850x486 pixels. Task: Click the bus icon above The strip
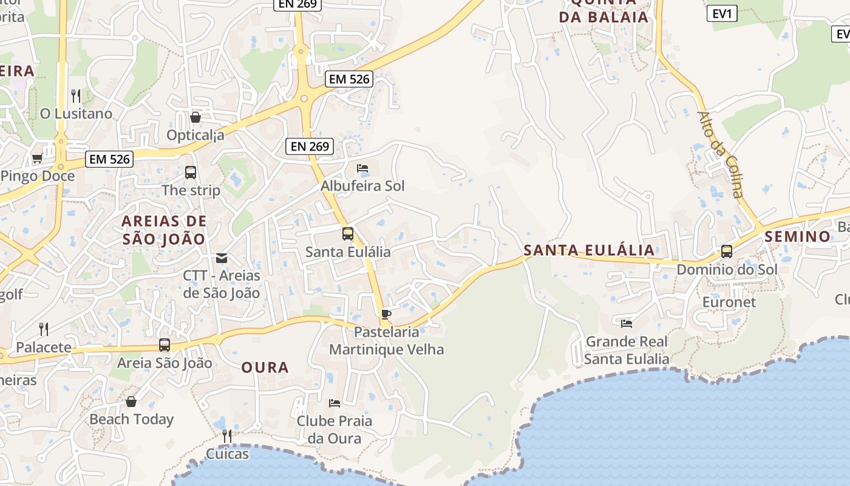(191, 172)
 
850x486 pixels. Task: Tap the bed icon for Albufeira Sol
(362, 168)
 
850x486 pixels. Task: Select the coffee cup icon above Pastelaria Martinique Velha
(386, 314)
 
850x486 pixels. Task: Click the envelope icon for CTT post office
(222, 258)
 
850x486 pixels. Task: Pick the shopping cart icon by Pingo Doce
(37, 159)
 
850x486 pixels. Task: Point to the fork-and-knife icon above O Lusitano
(76, 95)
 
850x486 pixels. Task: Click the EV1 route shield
(722, 13)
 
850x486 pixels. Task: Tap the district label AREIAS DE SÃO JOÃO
(164, 230)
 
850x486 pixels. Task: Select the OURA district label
(265, 368)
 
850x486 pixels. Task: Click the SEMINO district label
(798, 236)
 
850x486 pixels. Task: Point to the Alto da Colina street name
(721, 154)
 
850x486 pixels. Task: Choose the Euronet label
(729, 302)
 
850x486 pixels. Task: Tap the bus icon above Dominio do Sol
(727, 251)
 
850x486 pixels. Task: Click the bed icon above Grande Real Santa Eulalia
(627, 323)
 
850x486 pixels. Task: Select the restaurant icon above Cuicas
(227, 436)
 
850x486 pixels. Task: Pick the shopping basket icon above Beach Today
(131, 402)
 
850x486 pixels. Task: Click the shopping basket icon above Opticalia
(195, 117)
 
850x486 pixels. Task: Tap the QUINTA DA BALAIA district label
(604, 10)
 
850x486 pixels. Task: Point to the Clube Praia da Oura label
(335, 430)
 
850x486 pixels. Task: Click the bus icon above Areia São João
(165, 345)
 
